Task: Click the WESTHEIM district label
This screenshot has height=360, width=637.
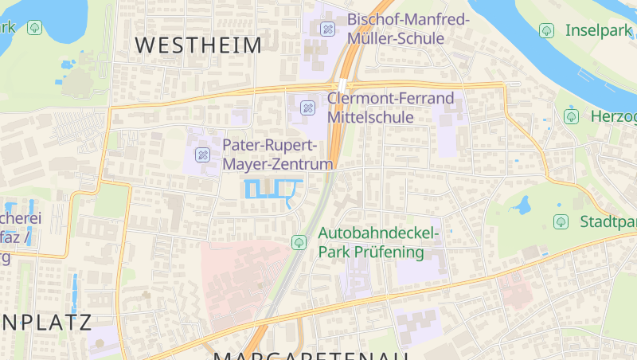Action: tap(198, 45)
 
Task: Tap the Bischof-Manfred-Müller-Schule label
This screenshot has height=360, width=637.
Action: tap(408, 29)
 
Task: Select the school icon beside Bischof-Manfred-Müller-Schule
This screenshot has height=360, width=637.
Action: tap(327, 29)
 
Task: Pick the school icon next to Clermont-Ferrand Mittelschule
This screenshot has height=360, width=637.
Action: tap(307, 108)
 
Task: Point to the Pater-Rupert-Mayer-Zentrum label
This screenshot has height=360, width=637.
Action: tap(277, 155)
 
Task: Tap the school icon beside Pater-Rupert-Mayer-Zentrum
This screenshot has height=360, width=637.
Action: tap(202, 155)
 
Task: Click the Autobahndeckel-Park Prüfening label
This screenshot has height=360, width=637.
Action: tap(378, 242)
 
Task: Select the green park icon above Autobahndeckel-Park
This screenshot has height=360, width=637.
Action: tap(299, 241)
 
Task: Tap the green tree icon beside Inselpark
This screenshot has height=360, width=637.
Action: tap(546, 30)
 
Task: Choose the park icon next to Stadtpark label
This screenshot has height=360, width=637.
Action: tap(561, 221)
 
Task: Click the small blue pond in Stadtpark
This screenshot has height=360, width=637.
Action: tap(522, 207)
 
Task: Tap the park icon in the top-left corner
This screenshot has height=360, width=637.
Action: tap(34, 28)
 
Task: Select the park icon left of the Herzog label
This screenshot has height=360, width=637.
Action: tap(571, 116)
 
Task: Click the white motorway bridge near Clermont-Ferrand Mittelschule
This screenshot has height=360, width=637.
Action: tap(341, 84)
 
